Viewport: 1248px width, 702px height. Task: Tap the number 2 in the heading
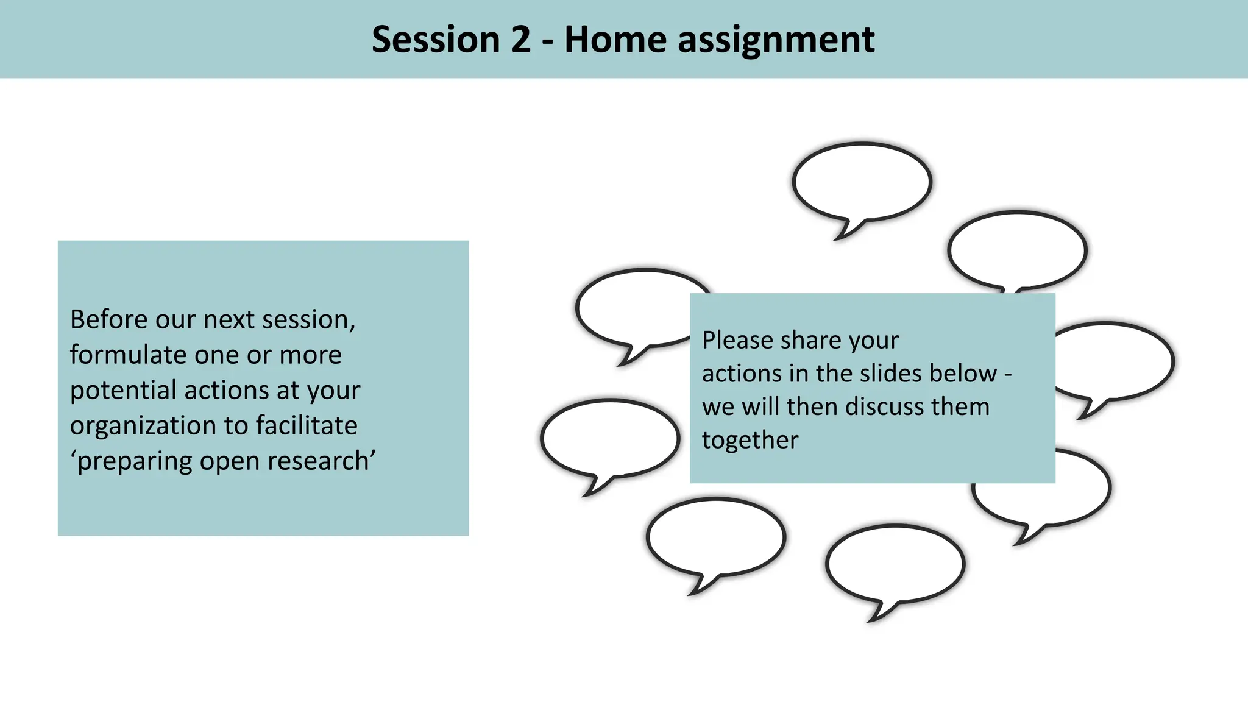tap(520, 40)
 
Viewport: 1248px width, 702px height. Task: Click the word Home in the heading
tap(615, 40)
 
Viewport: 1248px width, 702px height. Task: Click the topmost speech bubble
tap(862, 181)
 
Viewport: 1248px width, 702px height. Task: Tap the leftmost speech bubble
tap(609, 437)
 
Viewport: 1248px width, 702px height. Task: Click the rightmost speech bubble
tap(1115, 361)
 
